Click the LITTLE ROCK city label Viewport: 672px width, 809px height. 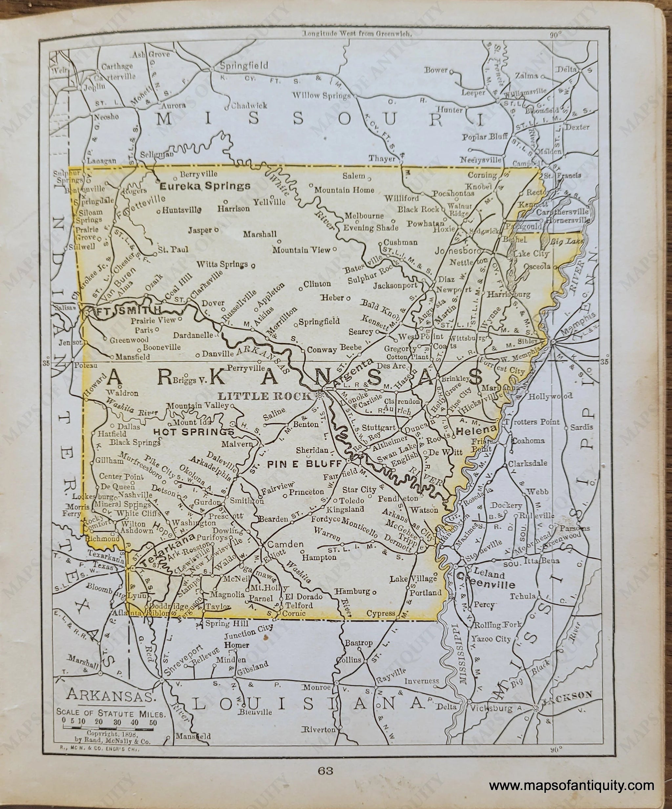pyautogui.click(x=264, y=396)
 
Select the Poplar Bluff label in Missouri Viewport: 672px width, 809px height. pyautogui.click(x=483, y=137)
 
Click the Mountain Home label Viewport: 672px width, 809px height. pyautogui.click(x=344, y=190)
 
